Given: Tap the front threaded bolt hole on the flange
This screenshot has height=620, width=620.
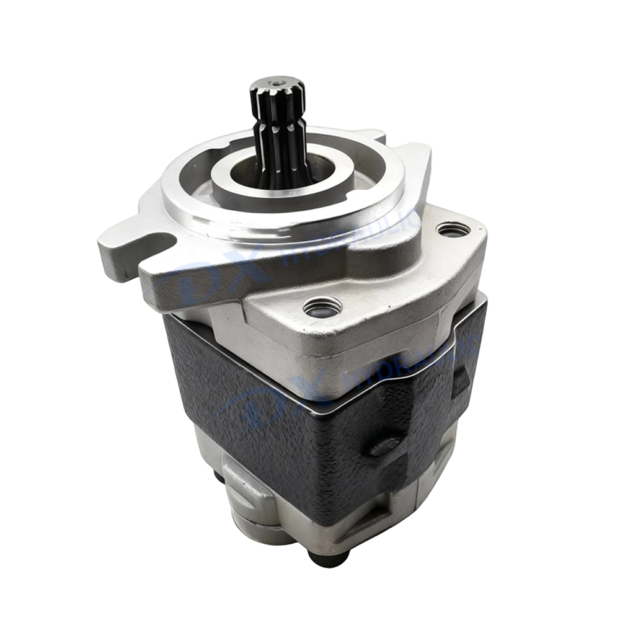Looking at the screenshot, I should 322,306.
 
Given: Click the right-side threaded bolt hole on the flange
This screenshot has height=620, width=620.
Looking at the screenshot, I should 453,230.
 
